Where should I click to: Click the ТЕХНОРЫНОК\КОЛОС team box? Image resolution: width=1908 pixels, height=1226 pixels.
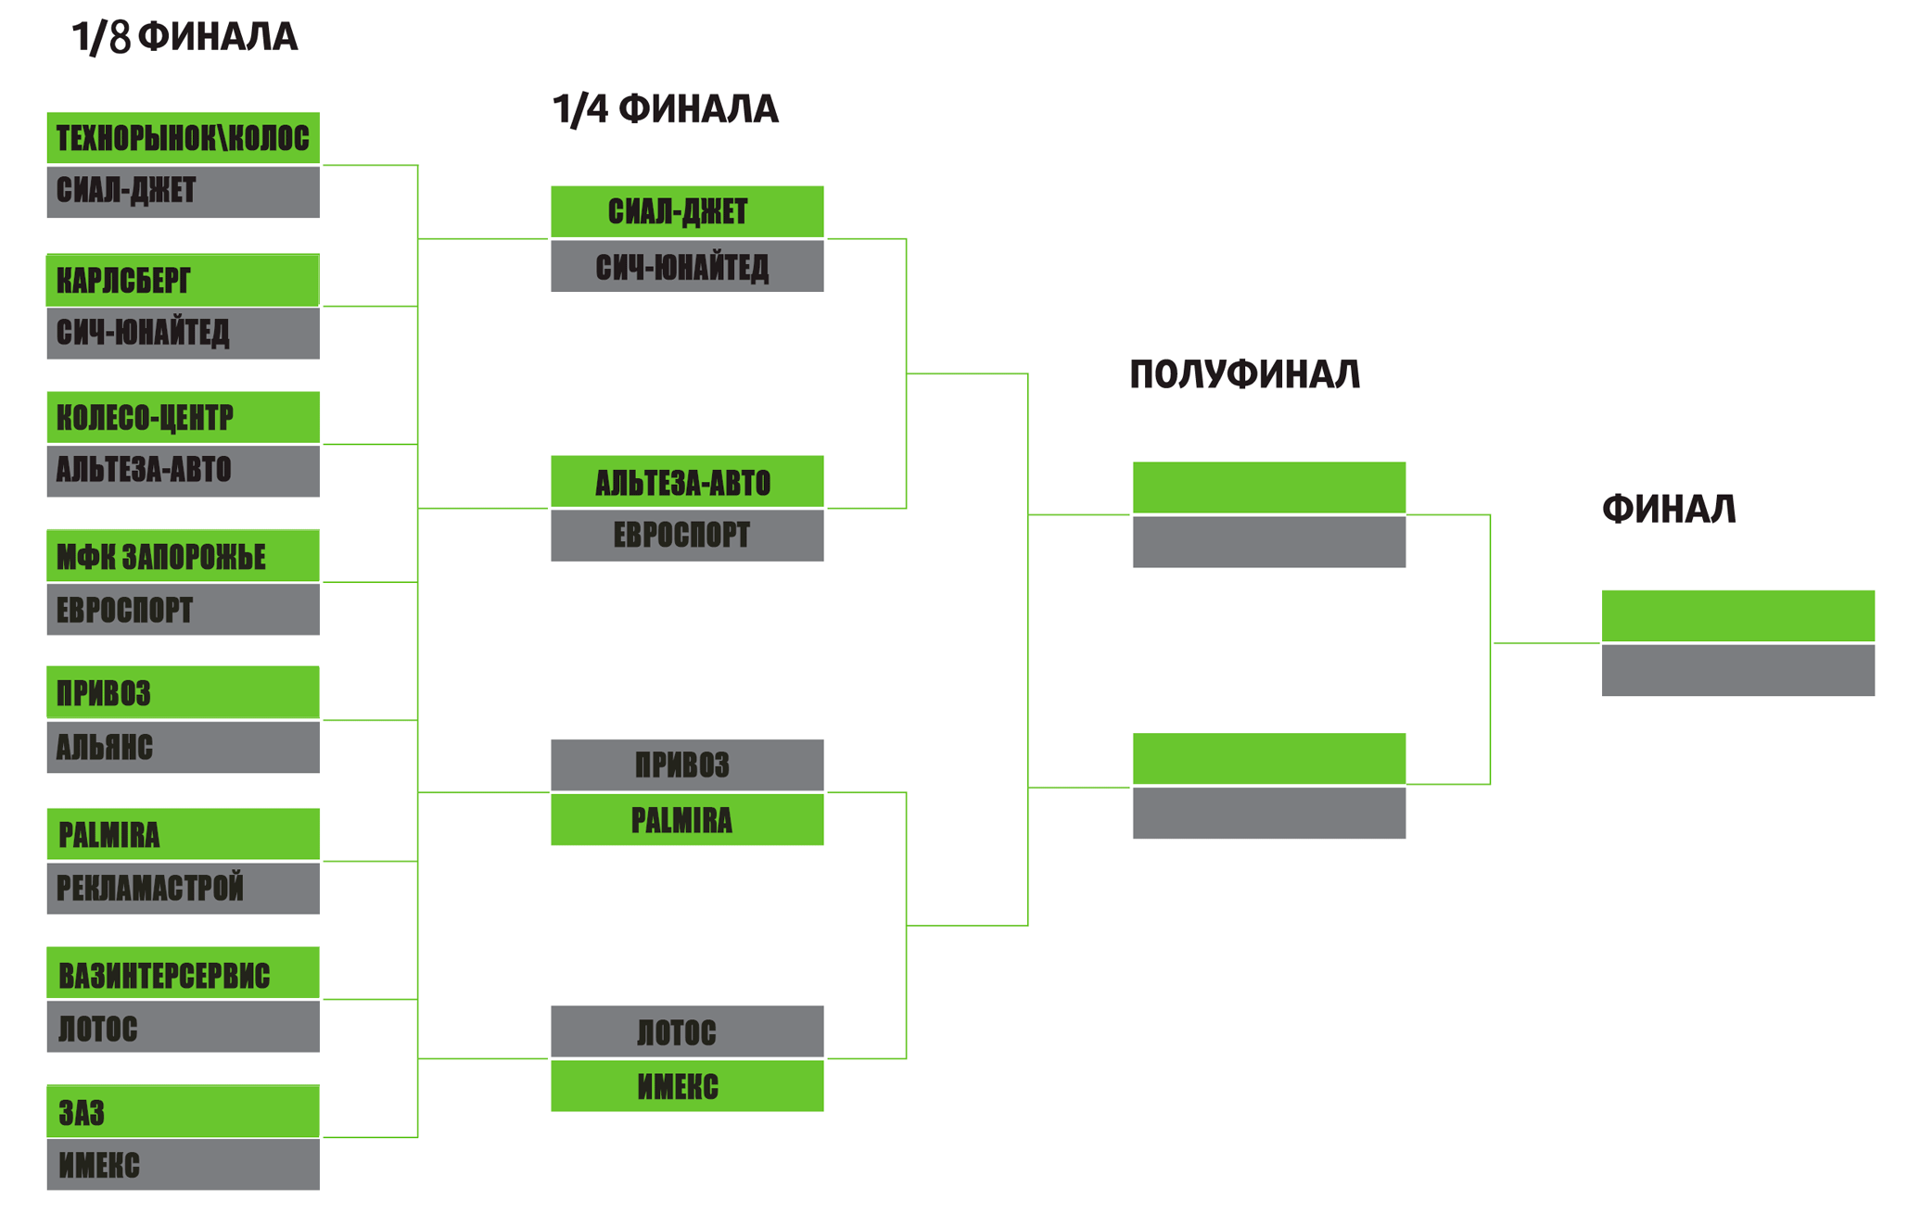[x=183, y=138]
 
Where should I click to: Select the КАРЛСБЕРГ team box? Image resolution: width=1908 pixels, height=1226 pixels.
[x=183, y=280]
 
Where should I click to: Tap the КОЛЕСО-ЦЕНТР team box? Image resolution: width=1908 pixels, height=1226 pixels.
[x=183, y=418]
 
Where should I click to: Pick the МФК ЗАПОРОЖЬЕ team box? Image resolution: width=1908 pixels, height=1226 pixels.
[x=183, y=556]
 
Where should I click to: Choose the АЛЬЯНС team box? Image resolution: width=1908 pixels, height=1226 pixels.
[x=183, y=747]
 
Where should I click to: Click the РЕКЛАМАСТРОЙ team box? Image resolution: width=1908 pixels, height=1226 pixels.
[x=183, y=888]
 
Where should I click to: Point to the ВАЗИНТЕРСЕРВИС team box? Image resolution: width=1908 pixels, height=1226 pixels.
[x=183, y=973]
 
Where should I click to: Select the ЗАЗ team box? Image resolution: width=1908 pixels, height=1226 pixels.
[x=183, y=1111]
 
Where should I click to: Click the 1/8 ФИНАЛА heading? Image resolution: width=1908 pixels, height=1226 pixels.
[x=184, y=37]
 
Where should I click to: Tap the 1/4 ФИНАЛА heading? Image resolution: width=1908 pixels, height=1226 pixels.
[x=665, y=109]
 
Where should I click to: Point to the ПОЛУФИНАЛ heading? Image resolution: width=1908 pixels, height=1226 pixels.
[x=1244, y=374]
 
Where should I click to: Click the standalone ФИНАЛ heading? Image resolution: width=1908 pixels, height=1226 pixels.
[x=1668, y=509]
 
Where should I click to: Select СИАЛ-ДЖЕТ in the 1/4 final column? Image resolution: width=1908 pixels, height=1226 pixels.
[x=687, y=212]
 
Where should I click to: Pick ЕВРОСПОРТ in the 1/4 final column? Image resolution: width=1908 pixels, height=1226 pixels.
[x=687, y=536]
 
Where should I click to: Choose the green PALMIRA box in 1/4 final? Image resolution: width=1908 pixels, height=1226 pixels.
[x=687, y=820]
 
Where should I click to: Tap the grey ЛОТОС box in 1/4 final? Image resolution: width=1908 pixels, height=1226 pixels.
[x=687, y=1031]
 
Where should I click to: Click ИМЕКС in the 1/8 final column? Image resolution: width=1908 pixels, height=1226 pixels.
[x=183, y=1165]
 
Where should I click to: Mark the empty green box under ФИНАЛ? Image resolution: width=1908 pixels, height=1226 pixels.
[x=1737, y=615]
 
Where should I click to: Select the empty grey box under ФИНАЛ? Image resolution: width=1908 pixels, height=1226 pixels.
[x=1737, y=670]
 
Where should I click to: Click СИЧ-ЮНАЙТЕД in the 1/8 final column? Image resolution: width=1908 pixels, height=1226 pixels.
[x=183, y=333]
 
